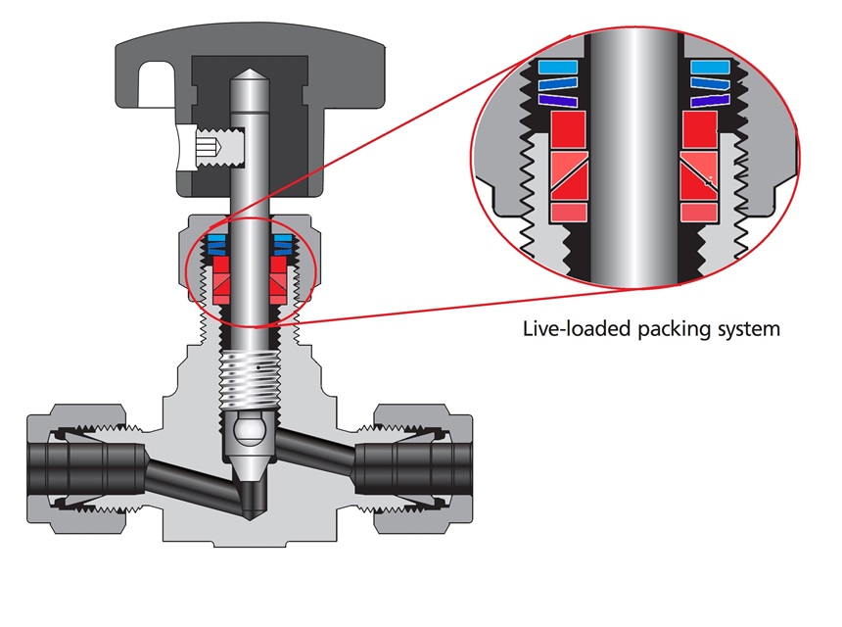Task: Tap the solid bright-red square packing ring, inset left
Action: click(x=567, y=129)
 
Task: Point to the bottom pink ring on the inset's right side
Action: click(x=700, y=211)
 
